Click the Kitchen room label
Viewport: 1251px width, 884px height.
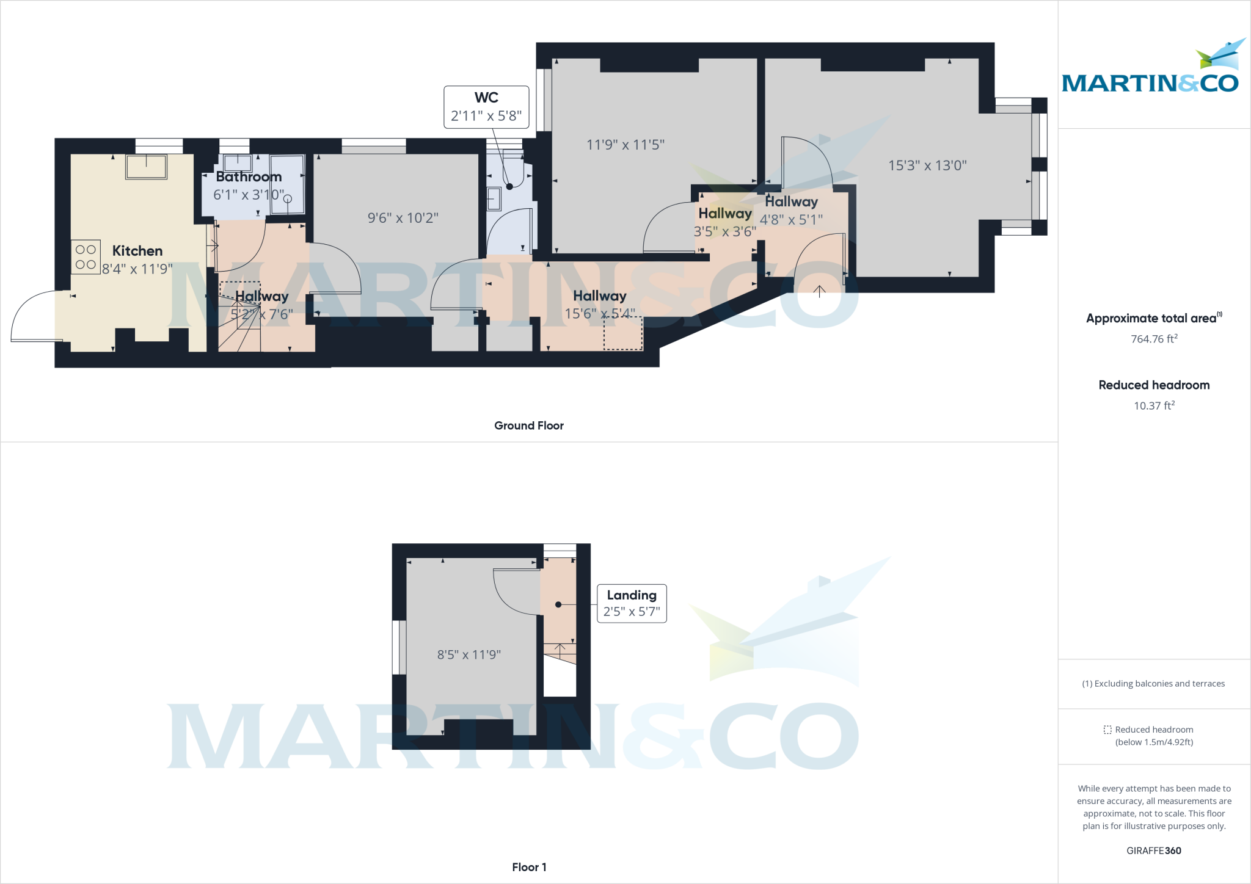137,251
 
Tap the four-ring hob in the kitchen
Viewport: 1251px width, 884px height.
86,257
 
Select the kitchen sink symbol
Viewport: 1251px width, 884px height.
146,166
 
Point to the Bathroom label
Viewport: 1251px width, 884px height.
249,177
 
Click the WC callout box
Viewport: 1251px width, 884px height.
486,107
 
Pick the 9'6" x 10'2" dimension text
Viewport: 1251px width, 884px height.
403,218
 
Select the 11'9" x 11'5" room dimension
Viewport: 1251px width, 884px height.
625,145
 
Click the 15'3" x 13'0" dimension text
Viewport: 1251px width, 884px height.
927,165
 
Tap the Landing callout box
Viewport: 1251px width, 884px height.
632,603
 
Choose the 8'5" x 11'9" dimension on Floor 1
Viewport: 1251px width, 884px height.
469,655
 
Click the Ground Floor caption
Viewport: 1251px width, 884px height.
529,426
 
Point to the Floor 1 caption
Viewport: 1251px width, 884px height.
529,867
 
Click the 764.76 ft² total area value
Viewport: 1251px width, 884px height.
1154,339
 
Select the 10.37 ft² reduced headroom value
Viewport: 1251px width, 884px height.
1154,406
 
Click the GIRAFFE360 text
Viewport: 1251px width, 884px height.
1154,850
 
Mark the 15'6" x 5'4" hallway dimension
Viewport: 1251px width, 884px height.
600,314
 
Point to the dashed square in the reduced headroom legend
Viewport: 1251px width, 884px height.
1107,730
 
